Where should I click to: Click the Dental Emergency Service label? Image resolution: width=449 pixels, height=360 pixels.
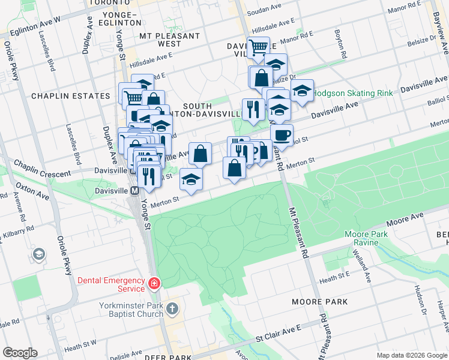click(x=111, y=284)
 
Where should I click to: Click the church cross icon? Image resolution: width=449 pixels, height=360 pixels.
click(x=172, y=309)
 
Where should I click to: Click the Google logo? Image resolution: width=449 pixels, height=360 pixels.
click(x=20, y=353)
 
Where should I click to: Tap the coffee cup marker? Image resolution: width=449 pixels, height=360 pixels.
click(x=282, y=134)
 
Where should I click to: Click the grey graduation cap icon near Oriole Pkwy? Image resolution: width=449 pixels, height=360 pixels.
click(x=40, y=254)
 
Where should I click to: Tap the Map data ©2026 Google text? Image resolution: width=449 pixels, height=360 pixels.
click(x=411, y=355)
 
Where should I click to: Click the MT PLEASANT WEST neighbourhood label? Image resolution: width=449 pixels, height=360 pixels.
click(x=169, y=40)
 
